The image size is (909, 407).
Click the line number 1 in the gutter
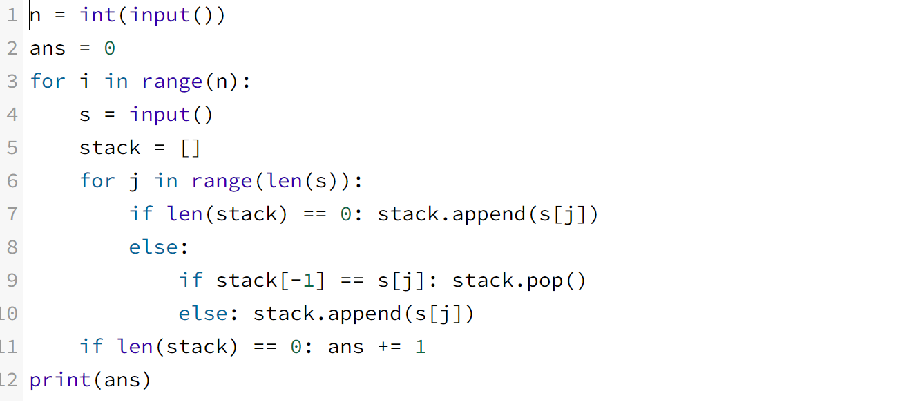[12, 15]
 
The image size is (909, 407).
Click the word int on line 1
[97, 15]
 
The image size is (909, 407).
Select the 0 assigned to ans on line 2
[109, 48]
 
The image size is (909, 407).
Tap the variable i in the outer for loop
[84, 82]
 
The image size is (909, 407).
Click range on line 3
[171, 82]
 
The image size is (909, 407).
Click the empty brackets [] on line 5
[190, 148]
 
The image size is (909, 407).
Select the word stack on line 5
[110, 148]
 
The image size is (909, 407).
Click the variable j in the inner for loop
[134, 181]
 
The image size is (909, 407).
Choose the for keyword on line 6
[97, 181]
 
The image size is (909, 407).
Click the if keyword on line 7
[141, 214]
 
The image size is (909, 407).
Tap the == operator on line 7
[314, 214]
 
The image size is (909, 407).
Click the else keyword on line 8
[153, 247]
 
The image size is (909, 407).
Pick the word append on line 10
[365, 314]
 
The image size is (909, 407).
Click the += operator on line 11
[389, 347]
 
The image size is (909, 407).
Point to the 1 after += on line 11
[420, 347]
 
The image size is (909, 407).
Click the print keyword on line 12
[59, 380]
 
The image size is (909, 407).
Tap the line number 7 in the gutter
[12, 214]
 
